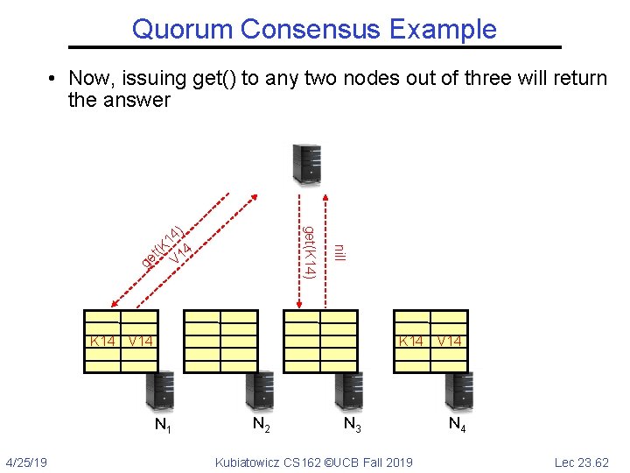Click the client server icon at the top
point(307,164)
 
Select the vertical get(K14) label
point(308,251)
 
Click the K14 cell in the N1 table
point(102,341)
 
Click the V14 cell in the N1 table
point(140,341)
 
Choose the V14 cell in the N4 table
point(451,341)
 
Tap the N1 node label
point(162,427)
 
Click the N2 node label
point(261,425)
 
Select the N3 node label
point(353,427)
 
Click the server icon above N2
point(260,391)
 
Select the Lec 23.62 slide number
point(582,462)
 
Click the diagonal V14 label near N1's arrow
point(182,253)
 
